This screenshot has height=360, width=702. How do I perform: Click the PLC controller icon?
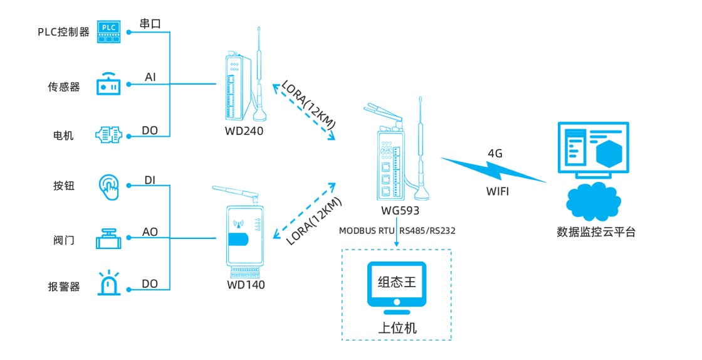point(108,31)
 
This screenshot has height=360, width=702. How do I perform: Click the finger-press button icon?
point(109,187)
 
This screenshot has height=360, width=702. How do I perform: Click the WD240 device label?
point(244,131)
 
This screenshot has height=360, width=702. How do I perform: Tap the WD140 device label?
point(246,285)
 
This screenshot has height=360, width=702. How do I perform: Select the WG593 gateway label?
point(400,211)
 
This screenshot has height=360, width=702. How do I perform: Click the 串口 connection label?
point(150,24)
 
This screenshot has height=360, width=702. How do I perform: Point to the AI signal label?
point(150,77)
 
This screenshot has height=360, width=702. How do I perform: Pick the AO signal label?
point(150,232)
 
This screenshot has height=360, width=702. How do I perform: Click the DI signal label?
point(150,181)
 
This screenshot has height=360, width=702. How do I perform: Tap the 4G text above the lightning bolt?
point(495,153)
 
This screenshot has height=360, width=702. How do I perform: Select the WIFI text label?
point(498,191)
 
